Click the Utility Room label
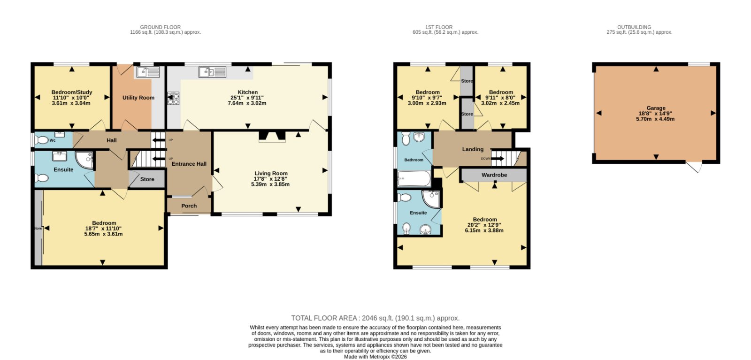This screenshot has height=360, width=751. coord(138,98)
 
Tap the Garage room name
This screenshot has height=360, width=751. coord(656,108)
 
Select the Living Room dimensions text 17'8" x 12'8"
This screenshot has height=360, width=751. coord(270,179)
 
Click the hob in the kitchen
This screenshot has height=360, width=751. coord(173,98)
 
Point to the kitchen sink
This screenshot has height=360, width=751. coord(212,72)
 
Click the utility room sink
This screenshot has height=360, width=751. coord(148,72)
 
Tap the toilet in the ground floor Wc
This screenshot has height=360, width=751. coord(41,140)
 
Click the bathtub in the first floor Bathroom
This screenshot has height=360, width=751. coord(414,178)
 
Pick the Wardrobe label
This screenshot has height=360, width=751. coord(494,175)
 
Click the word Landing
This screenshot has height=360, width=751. coord(473,149)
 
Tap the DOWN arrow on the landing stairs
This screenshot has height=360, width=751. coord(498,159)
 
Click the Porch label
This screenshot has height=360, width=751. coord(189,206)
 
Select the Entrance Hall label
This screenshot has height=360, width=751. coord(189,164)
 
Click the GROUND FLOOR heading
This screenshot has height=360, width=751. coord(160,27)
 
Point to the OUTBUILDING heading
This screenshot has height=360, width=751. coord(634,27)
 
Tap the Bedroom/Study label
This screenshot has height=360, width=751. coord(72,92)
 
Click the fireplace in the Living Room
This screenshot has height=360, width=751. coord(272,137)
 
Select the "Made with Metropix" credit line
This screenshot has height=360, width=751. coord(375,357)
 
